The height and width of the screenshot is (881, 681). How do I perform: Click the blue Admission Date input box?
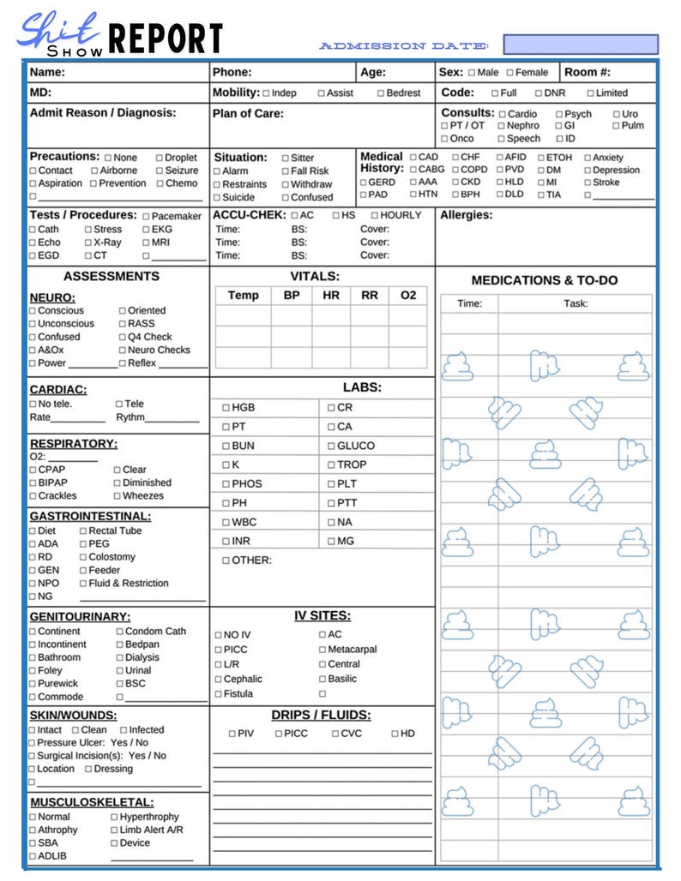coord(581,45)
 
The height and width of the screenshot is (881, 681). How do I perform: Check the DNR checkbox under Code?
coord(539,93)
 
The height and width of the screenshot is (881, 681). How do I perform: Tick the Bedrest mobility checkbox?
coord(381,93)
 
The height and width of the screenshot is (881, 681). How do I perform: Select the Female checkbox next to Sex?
coord(510,73)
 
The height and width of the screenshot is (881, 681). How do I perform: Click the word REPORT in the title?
coord(166,39)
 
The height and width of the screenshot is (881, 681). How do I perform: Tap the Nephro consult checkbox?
coord(501,126)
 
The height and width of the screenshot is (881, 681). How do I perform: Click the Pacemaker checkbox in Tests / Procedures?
coord(146,217)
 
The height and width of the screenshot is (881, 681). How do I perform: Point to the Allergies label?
coord(466,215)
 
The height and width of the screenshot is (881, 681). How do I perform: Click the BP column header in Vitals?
coord(292,295)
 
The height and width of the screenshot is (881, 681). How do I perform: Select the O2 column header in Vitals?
coord(408,295)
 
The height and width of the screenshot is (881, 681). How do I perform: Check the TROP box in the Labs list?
coord(331,464)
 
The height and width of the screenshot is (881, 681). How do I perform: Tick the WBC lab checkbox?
coord(226,522)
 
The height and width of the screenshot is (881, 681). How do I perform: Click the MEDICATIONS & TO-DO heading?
coord(544,280)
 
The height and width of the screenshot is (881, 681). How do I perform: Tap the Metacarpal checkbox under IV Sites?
coord(322,650)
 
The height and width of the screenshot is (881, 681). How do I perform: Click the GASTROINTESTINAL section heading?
coord(90,517)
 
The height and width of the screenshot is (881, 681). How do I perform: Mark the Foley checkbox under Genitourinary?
coord(33,671)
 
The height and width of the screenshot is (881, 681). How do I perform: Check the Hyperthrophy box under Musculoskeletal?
coord(114,818)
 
